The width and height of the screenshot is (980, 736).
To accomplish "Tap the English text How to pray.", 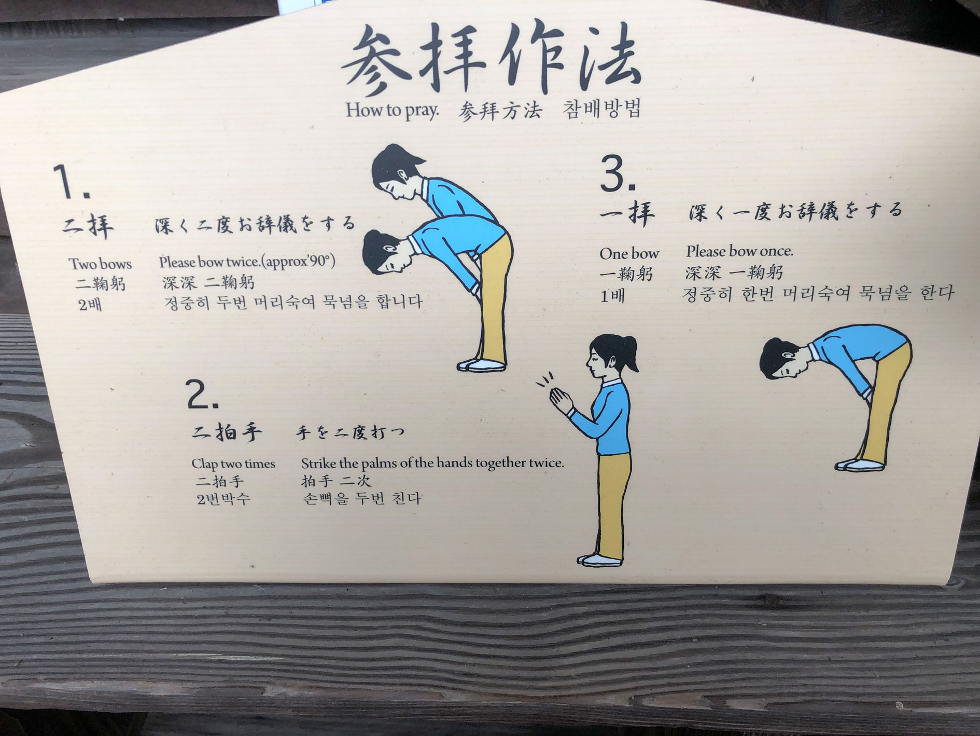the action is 393,110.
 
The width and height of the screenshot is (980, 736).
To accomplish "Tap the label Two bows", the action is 101,264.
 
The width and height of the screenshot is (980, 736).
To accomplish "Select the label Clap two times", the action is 233,464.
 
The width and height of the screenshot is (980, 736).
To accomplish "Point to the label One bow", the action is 629,253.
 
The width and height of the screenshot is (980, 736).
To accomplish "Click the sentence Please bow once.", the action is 739,251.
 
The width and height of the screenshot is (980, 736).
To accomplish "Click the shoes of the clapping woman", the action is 599,560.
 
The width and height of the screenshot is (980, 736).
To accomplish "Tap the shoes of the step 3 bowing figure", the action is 859,465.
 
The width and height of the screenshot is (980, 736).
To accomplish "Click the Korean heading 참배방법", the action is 602,109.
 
